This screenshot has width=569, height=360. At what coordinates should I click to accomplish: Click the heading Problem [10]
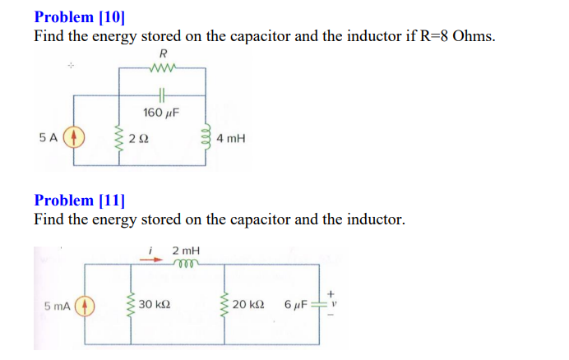pyautogui.click(x=80, y=16)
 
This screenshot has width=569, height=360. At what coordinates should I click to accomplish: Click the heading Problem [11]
pyautogui.click(x=80, y=200)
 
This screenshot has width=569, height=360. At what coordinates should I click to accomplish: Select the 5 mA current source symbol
pyautogui.click(x=82, y=306)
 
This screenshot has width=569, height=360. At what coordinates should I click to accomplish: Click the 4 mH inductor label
pyautogui.click(x=231, y=140)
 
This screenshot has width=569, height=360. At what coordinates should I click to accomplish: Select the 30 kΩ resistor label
pyautogui.click(x=155, y=306)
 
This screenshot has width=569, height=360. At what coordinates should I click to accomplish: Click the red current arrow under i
pyautogui.click(x=153, y=256)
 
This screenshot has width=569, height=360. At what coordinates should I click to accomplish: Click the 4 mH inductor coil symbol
pyautogui.click(x=208, y=139)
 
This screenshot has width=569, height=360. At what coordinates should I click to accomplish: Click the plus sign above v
pyautogui.click(x=332, y=293)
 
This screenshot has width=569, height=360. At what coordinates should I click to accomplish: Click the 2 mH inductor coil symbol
pyautogui.click(x=186, y=264)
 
